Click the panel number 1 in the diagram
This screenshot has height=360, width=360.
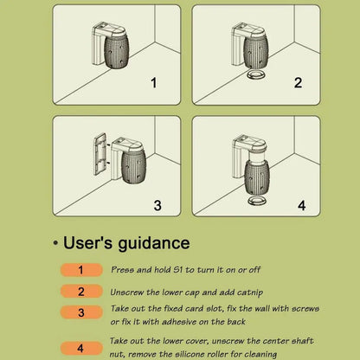point(154,83)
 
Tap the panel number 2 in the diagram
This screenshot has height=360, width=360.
point(299,83)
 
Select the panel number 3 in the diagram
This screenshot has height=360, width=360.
point(157,205)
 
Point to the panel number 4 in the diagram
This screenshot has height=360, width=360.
point(302,205)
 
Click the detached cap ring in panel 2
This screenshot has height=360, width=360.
point(256,74)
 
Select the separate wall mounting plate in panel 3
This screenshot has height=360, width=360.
point(100,154)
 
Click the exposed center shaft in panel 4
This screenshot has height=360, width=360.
point(257,157)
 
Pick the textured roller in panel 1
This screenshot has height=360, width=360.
point(116,52)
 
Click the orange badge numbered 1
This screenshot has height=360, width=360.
point(81,270)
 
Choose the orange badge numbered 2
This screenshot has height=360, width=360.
point(81,292)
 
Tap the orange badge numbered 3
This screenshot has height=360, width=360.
point(81,312)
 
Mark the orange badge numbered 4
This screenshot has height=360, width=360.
point(81,348)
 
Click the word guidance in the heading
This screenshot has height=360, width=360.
point(154,243)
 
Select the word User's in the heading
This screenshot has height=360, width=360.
point(87,242)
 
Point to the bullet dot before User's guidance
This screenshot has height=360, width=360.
point(55,243)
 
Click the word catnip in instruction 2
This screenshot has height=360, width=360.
point(249,292)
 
